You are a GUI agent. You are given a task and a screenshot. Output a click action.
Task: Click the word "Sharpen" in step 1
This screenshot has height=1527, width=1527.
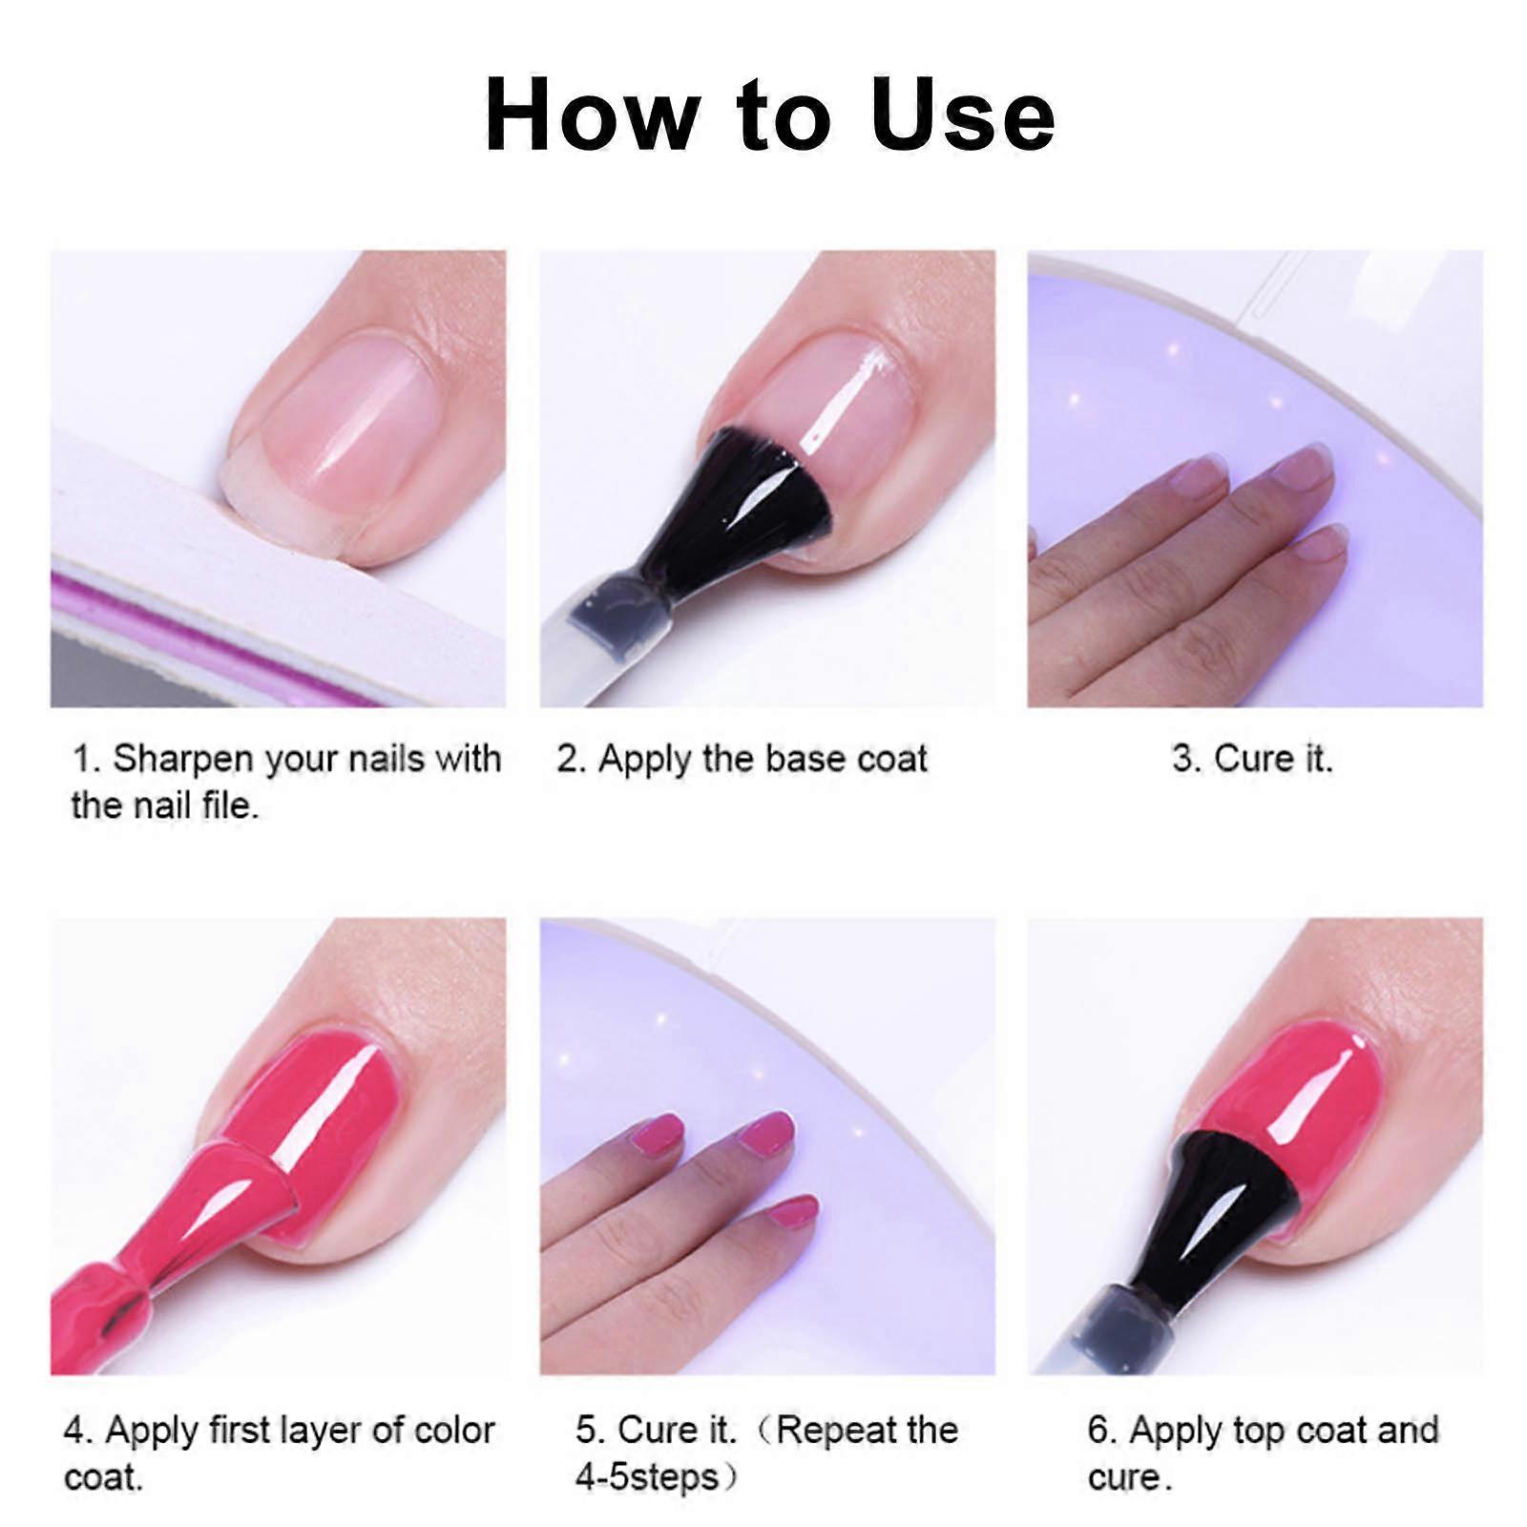(x=183, y=761)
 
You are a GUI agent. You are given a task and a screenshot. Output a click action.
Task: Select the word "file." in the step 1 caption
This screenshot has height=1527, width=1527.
(x=230, y=805)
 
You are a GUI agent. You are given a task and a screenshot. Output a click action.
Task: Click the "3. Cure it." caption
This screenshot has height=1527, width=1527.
(x=1252, y=760)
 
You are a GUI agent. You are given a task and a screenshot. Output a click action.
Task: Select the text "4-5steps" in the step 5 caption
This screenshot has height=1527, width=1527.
(x=647, y=1477)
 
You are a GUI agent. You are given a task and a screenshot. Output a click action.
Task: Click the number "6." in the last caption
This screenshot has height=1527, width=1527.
(x=1102, y=1430)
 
